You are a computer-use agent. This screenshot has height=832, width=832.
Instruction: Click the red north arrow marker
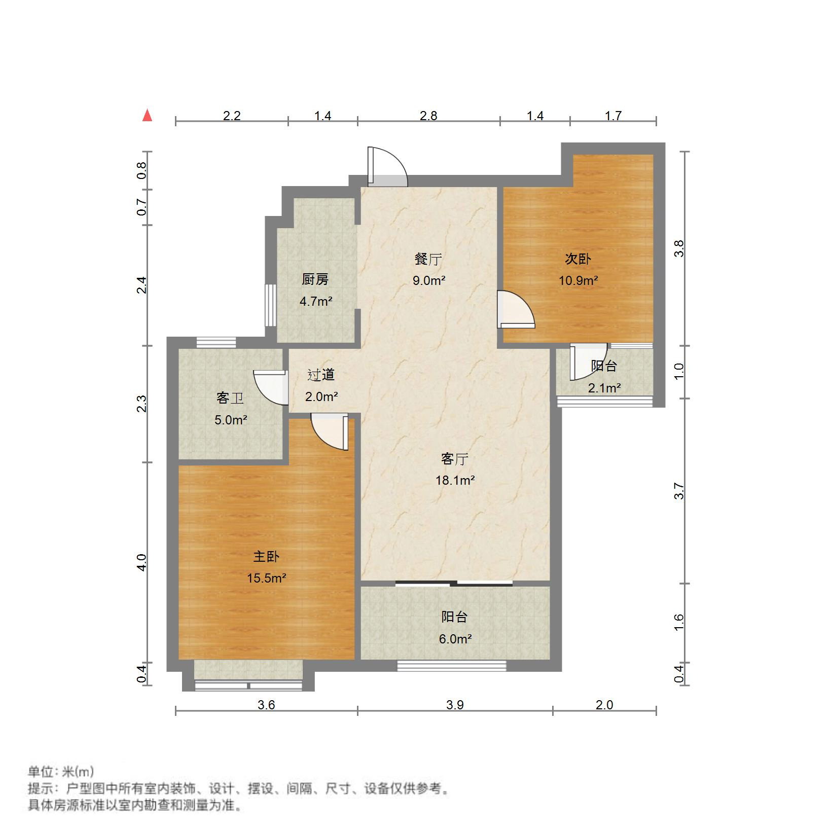(x=148, y=116)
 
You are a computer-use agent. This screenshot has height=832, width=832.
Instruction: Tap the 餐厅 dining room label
(x=428, y=260)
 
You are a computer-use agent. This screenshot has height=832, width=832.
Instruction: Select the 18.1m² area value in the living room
(x=455, y=480)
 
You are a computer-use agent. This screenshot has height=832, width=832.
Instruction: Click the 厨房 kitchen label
(x=315, y=279)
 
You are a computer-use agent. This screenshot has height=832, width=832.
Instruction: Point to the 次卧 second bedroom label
(x=578, y=259)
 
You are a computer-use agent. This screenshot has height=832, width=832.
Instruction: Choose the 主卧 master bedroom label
(x=266, y=557)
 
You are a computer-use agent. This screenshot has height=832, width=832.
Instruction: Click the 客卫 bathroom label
(x=230, y=398)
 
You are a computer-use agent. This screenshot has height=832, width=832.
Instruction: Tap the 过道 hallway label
(x=321, y=375)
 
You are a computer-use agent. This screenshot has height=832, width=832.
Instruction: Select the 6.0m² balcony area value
(x=455, y=639)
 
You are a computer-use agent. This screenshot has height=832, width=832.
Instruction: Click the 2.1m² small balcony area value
(x=604, y=388)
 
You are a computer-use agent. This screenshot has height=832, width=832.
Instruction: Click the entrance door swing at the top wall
(x=387, y=167)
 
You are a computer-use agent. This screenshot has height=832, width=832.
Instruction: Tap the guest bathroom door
(x=269, y=387)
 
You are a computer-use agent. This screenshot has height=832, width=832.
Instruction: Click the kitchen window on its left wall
(x=271, y=305)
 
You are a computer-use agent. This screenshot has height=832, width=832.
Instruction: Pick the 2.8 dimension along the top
(x=428, y=116)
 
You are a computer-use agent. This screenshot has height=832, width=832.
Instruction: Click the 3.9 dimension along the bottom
(x=455, y=705)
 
